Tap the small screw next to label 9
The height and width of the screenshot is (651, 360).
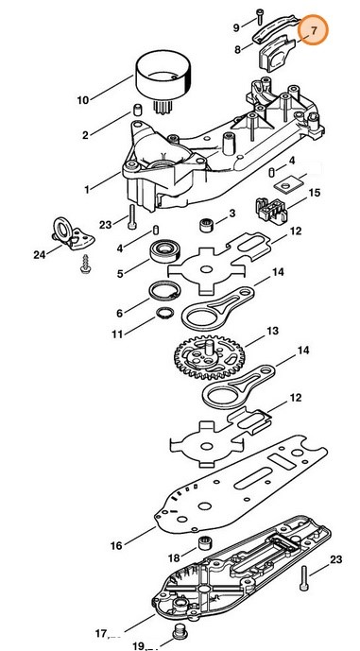click(x=258, y=15)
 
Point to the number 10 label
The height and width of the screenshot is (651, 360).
click(x=82, y=100)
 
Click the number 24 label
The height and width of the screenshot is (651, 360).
click(x=39, y=254)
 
